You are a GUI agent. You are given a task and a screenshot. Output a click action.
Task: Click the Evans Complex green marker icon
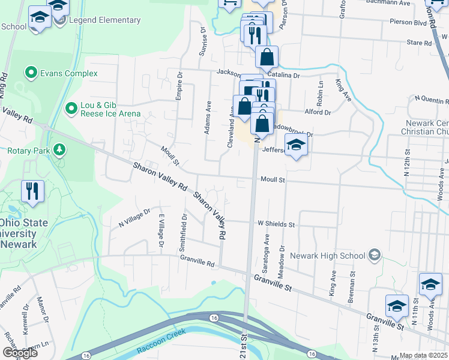point(31,74)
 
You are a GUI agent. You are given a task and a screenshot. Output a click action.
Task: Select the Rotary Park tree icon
point(59,149)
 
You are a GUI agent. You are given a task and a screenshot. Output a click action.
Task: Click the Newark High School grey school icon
point(375,256)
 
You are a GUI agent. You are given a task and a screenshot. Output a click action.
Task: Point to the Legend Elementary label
point(105,20)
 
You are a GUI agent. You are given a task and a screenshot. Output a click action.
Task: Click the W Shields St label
point(276,224)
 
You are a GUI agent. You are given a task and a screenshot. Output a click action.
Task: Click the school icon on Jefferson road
point(295,146)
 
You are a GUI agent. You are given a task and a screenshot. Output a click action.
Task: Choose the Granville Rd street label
point(197,262)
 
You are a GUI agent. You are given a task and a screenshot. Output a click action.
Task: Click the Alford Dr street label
point(318,112)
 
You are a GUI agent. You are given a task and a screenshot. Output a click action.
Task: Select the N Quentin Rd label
point(431,98)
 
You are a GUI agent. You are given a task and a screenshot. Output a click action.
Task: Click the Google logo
point(20,353)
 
